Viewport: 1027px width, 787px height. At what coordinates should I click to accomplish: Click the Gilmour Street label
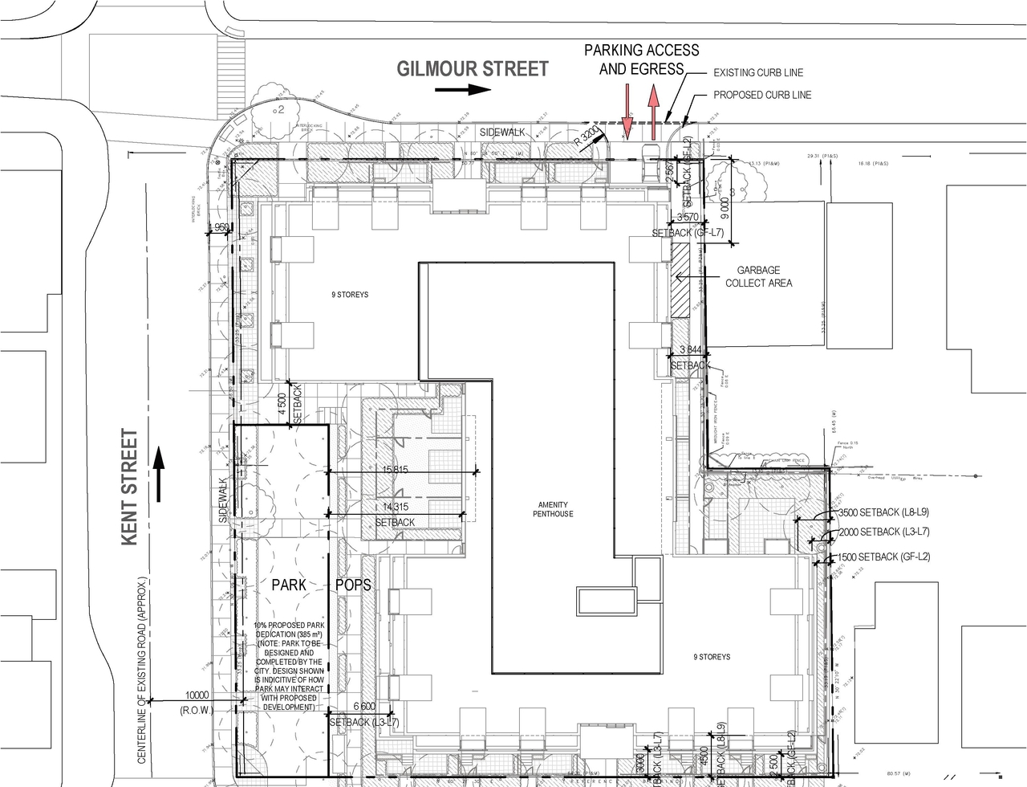[x=473, y=69]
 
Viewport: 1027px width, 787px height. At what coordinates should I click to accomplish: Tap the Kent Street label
[x=130, y=487]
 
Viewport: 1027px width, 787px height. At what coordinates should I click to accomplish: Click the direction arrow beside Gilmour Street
[x=463, y=89]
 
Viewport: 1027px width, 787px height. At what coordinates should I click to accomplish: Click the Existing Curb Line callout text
[x=757, y=73]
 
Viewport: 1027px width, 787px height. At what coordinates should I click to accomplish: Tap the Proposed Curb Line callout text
[x=762, y=95]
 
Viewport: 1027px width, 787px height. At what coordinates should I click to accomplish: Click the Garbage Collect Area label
[x=758, y=277]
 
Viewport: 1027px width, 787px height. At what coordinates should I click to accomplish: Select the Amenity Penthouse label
[x=555, y=509]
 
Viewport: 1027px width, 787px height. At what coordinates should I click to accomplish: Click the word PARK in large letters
[x=288, y=585]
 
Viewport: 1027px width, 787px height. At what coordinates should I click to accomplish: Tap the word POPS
[x=353, y=585]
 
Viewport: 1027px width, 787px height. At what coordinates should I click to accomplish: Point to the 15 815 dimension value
[x=401, y=470]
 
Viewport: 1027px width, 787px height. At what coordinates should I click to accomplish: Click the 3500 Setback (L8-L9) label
[x=884, y=513]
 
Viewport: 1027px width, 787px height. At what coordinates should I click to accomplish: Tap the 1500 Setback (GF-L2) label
[x=884, y=557]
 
